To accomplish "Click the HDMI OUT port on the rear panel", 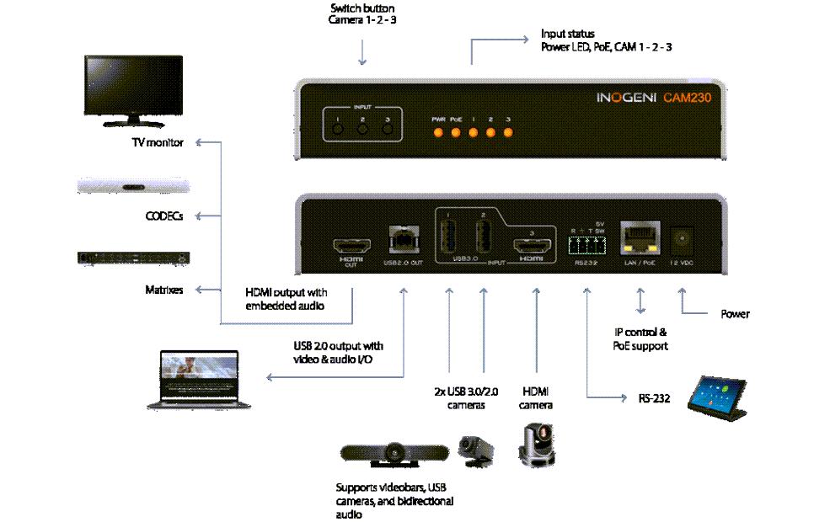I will [x=350, y=247].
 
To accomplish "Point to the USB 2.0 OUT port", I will [x=402, y=242].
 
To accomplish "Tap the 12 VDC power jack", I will [x=683, y=242].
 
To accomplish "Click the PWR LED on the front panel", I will [x=438, y=132].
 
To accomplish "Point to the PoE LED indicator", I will [x=456, y=132].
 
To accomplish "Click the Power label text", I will [x=734, y=314].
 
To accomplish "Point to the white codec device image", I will [x=133, y=188].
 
